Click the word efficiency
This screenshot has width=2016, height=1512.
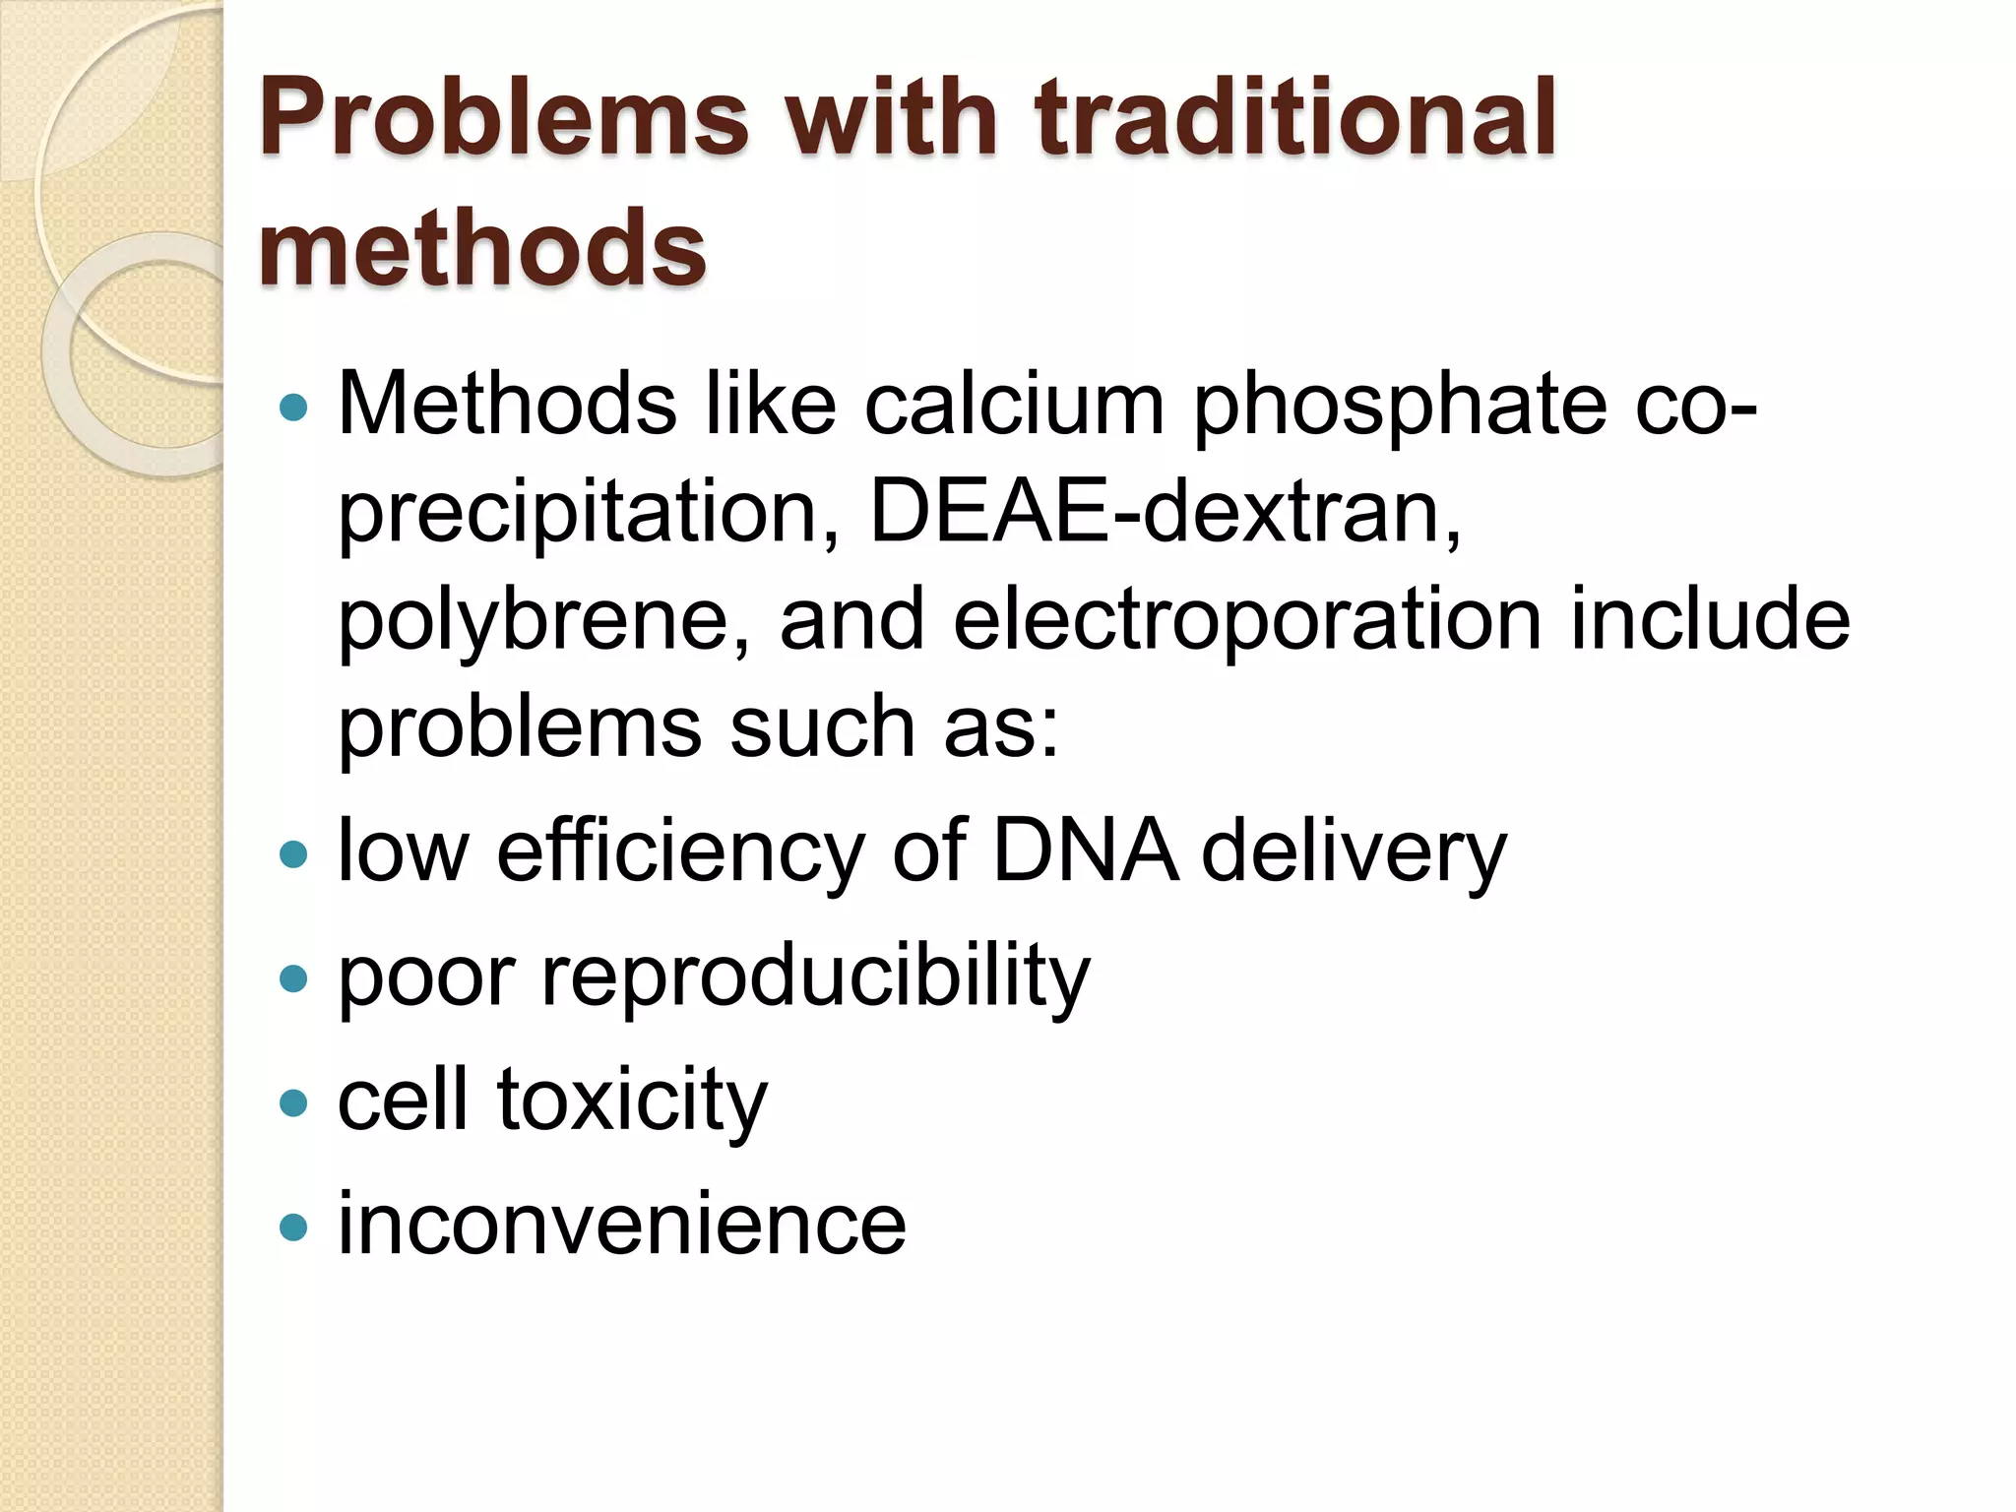679,851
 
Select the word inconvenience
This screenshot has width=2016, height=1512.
621,1225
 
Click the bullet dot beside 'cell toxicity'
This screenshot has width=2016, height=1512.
293,1102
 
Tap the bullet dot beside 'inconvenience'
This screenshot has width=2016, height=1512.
293,1227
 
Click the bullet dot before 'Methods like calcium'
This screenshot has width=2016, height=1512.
293,407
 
